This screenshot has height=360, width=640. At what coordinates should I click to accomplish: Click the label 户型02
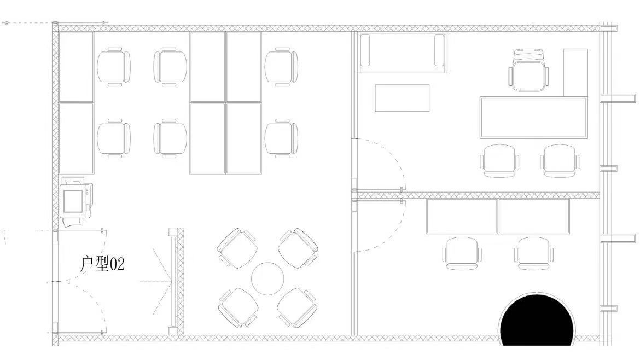point(102,264)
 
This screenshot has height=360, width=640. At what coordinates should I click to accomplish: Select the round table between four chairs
point(267,279)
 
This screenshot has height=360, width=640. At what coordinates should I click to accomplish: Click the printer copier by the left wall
point(77,201)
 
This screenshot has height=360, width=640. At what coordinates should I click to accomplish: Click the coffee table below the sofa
point(402,98)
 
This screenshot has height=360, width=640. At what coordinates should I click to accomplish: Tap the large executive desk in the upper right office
point(533,118)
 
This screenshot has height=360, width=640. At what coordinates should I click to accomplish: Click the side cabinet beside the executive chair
point(575,73)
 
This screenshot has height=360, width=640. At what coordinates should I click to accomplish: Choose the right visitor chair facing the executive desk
point(560,160)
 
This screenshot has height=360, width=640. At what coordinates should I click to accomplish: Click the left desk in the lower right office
point(462,216)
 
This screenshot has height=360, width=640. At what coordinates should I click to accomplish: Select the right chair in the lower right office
point(534,253)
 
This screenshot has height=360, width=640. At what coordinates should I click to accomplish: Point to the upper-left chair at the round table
point(237,248)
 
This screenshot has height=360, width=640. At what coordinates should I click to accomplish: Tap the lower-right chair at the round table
point(297,308)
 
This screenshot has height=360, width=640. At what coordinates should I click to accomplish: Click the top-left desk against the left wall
point(77,67)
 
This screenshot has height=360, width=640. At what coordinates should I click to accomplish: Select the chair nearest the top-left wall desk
point(114,67)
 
